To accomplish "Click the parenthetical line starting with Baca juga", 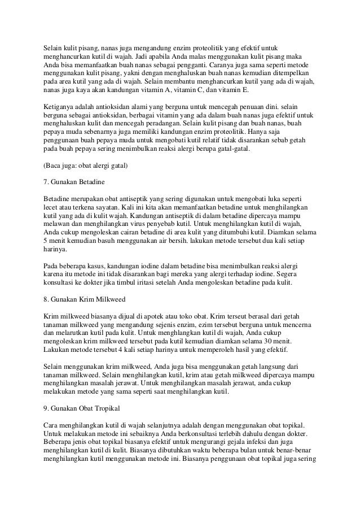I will point(85,165).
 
